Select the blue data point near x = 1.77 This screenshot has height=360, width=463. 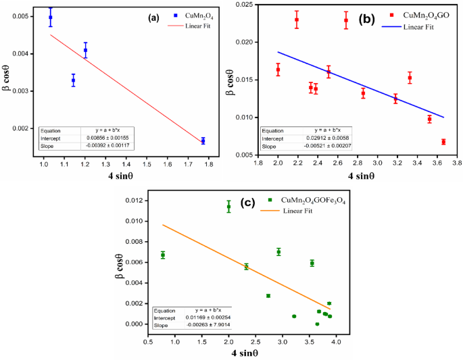(203, 140)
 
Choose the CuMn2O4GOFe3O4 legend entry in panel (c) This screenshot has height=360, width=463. (313, 200)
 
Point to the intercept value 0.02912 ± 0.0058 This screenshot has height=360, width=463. (326, 138)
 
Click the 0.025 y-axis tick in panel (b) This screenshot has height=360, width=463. (243, 5)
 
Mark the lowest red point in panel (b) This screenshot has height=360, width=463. (443, 142)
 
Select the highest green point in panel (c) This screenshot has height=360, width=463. (228, 207)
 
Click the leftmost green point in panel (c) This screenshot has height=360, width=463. (163, 255)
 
